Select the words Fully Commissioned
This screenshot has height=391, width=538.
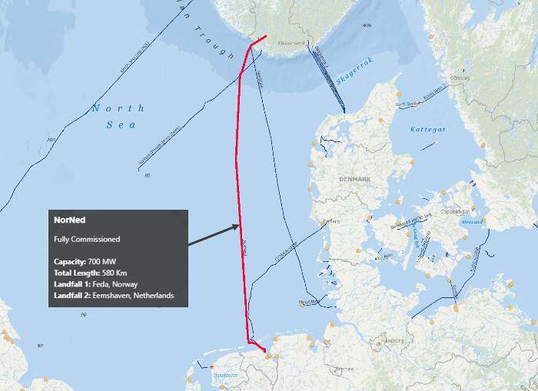(x=87, y=239)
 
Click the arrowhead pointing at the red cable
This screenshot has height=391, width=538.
(x=237, y=227)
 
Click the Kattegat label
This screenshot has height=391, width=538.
(x=427, y=129)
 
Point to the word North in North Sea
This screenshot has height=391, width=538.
(x=108, y=108)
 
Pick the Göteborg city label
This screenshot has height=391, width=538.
(x=459, y=77)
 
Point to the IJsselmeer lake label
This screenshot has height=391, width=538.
(x=226, y=374)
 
